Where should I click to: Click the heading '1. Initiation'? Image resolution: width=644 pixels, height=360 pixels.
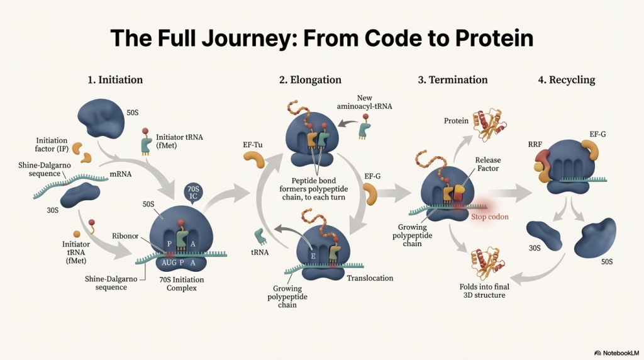(115, 80)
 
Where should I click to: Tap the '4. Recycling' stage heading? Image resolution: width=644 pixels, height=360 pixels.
(566, 80)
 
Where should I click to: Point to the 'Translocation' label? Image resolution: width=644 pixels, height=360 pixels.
(370, 278)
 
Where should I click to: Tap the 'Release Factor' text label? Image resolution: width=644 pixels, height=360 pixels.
(488, 165)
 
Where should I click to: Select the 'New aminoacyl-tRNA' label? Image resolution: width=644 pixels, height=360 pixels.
(365, 103)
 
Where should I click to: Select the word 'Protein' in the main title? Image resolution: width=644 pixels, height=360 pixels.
(494, 38)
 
